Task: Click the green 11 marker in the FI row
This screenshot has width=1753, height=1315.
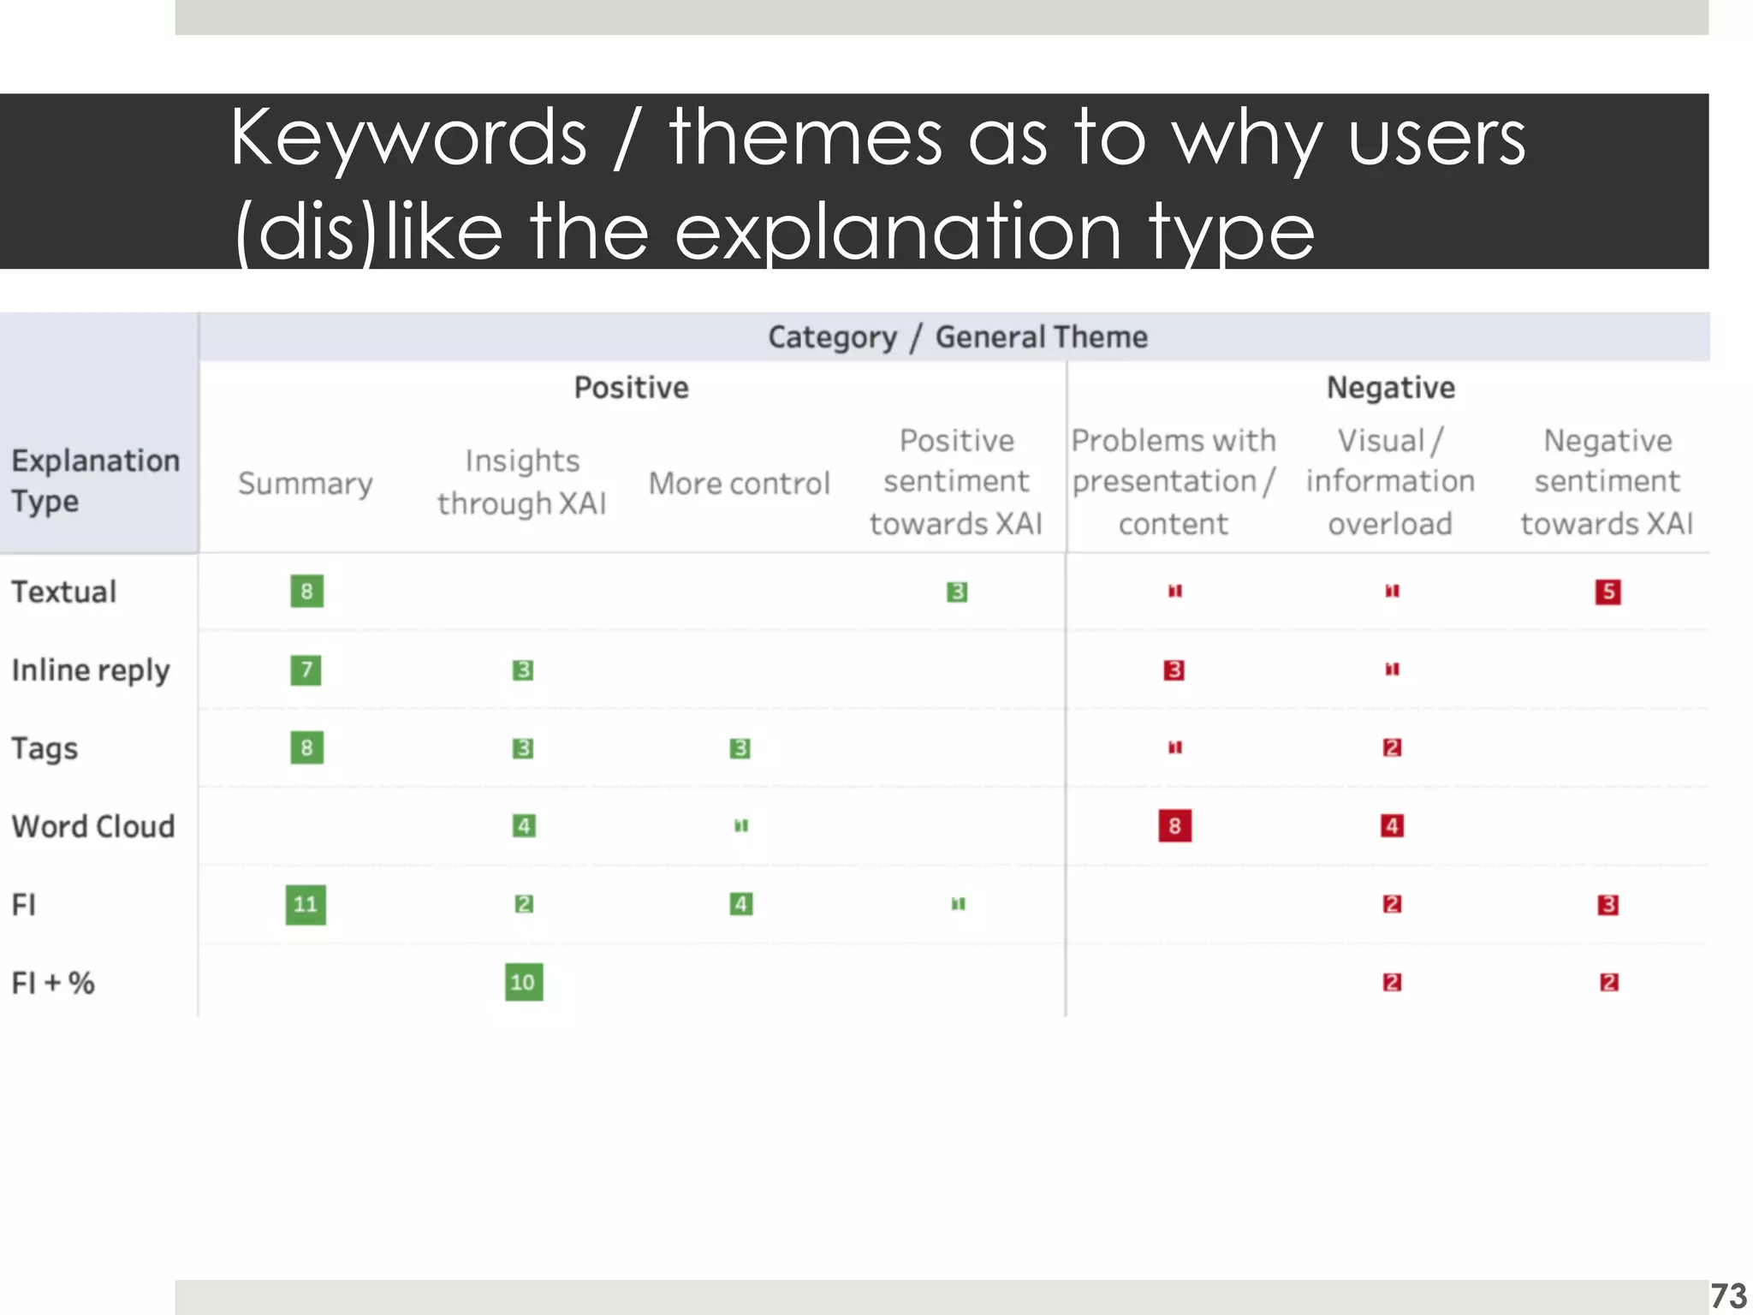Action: point(306,905)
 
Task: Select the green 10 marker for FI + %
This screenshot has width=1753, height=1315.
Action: point(523,982)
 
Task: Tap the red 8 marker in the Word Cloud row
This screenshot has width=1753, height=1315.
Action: point(1174,826)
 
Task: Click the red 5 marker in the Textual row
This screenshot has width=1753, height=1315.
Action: point(1607,592)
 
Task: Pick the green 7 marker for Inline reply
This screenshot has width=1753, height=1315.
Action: point(306,669)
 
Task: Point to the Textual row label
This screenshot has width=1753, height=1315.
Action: point(64,592)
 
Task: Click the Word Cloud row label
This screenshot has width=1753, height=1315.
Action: point(93,826)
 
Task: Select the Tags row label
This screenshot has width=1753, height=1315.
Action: point(45,748)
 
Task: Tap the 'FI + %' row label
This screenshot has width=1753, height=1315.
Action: point(53,983)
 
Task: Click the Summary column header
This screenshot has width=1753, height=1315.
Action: point(306,484)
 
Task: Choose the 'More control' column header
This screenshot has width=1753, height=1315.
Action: point(740,484)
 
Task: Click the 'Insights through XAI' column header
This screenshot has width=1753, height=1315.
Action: point(522,482)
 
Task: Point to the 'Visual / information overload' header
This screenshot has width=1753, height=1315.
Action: point(1390,482)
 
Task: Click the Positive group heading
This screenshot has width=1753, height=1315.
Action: point(632,388)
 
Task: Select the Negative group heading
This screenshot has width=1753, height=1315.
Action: point(1390,388)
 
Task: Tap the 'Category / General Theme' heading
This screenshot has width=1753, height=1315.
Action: point(957,337)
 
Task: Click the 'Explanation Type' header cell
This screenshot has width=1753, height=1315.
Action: point(96,480)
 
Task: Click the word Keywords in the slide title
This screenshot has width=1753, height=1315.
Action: point(408,138)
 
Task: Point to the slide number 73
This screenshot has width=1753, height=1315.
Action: point(1728,1295)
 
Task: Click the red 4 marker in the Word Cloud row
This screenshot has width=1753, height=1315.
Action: point(1392,826)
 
